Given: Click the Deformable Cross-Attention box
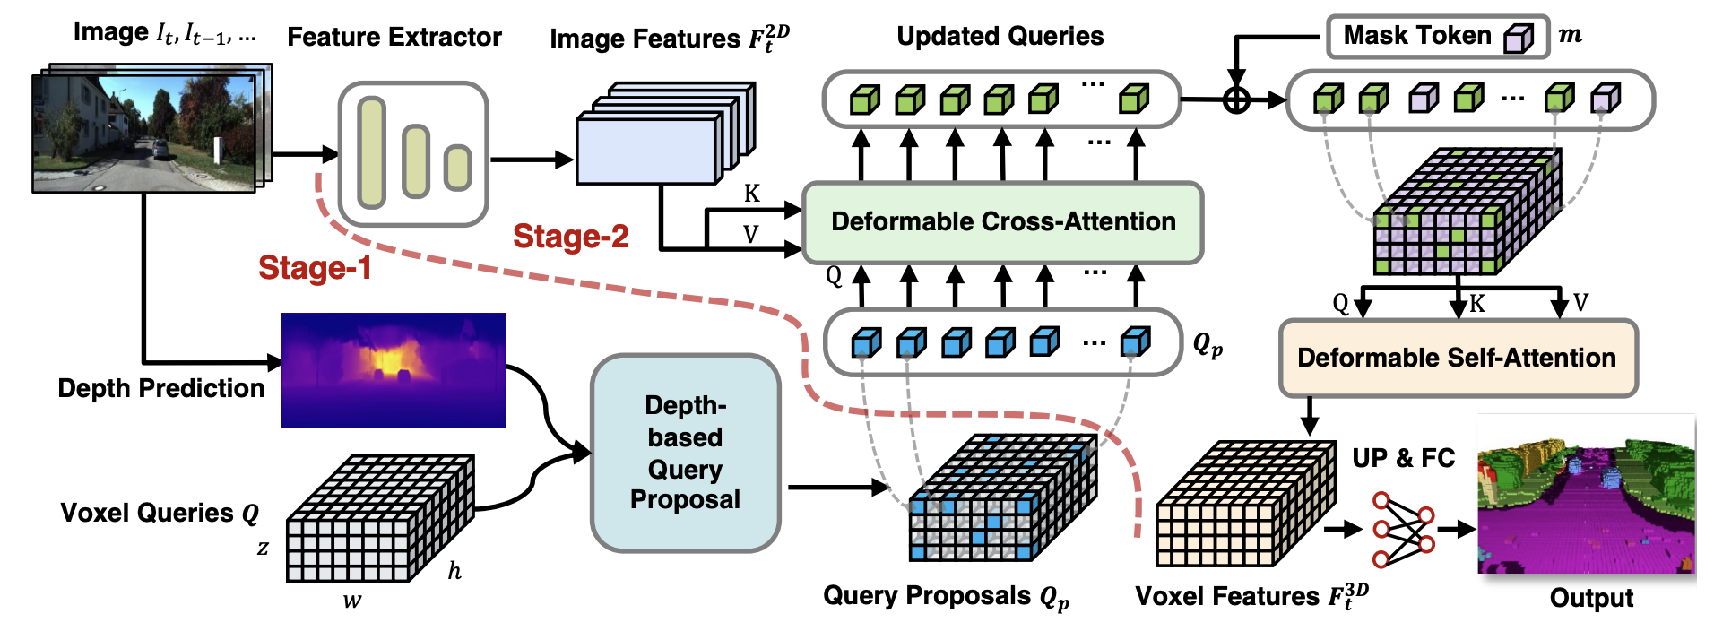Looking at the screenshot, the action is point(1002,222).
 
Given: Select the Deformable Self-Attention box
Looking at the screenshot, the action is point(1458,358).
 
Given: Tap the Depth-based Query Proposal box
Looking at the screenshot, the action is point(686,453).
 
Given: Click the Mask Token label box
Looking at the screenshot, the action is point(1438,37).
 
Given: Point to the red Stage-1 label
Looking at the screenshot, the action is point(315,267).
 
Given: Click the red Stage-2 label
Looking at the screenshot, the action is point(571,236).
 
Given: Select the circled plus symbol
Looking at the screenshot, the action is point(1236,99).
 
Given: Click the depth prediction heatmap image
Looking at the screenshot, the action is point(394,370).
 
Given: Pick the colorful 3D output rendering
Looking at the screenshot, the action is point(1587,494).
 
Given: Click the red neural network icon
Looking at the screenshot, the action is point(1404,529).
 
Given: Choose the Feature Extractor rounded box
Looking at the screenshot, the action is point(413,154).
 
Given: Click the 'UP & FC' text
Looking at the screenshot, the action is point(1404,458).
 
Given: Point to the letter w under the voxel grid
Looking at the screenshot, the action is point(352,601).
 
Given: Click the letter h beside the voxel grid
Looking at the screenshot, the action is point(454,570).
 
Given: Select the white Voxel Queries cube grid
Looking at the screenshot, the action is point(380,518).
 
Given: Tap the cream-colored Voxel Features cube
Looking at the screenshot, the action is point(1246,503).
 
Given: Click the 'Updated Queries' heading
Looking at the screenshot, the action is point(1000,36).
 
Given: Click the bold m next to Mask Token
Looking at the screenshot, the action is point(1571,35).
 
